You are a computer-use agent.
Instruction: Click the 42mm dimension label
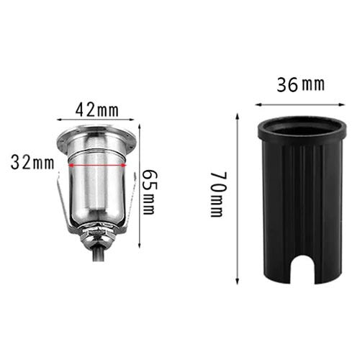pos(97,109)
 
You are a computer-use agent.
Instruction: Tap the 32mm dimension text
pos(32,162)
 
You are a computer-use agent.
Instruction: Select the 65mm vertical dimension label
pos(148,192)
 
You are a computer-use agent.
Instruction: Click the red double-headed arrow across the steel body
pos(96,164)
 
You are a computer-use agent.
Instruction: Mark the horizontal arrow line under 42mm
pos(97,122)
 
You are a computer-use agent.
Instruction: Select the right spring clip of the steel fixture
pos(130,205)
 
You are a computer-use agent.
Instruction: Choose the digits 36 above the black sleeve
pos(288,84)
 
